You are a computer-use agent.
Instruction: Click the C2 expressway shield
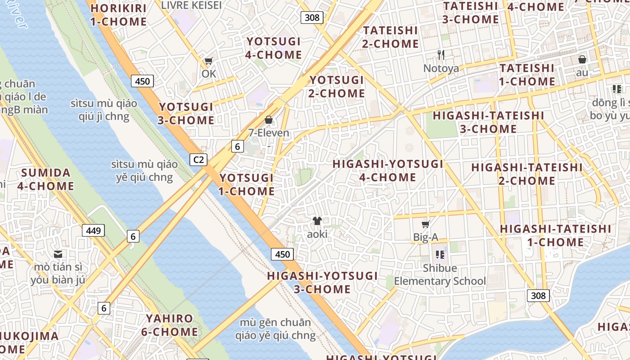[198, 159]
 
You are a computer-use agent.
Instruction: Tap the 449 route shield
[93, 231]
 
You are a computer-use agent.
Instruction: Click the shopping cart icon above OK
[208, 61]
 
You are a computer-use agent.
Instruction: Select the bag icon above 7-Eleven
[269, 120]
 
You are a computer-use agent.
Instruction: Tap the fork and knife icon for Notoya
[441, 55]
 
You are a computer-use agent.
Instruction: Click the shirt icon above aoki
[317, 221]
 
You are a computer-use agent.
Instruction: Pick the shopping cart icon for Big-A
[425, 224]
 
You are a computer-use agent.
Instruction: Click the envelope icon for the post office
[58, 254]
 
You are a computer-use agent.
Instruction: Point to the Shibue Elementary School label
[440, 274]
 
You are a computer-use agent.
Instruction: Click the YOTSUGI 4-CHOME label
[274, 48]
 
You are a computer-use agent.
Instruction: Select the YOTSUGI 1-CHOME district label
[246, 184]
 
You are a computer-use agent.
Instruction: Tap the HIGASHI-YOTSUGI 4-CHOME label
[388, 171]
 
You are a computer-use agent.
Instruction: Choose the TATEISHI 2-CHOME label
[390, 37]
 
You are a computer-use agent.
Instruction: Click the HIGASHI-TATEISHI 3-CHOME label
[488, 122]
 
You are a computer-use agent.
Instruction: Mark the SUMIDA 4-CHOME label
[46, 179]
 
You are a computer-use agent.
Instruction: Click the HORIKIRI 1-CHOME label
[118, 15]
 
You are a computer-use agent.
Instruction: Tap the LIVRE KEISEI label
[191, 5]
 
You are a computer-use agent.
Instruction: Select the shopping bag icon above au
[582, 59]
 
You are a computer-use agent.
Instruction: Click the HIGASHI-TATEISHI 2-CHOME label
[526, 174]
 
